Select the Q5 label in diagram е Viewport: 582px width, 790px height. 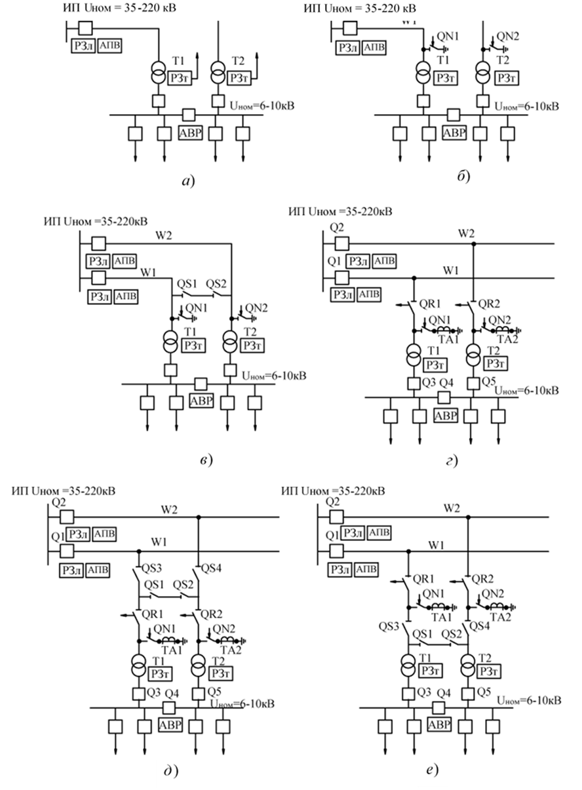484,692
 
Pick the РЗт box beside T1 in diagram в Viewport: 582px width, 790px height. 193,346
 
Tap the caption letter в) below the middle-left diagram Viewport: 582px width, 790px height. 204,460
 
